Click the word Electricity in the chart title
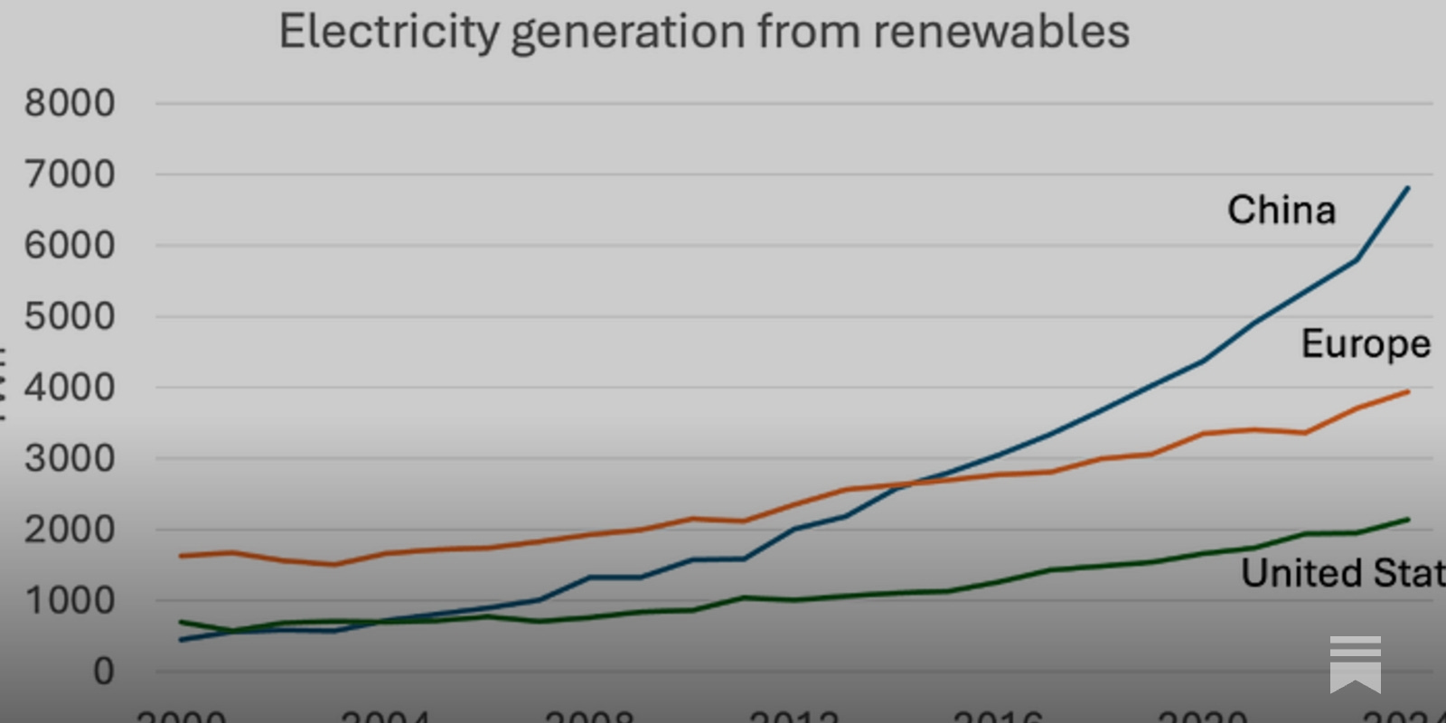[389, 32]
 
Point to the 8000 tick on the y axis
[70, 103]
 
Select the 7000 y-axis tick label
[70, 174]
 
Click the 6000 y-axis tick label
[70, 245]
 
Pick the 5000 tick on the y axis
[70, 316]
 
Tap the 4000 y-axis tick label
[70, 388]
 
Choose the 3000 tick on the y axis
[70, 458]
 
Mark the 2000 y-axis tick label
[70, 530]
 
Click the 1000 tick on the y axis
[70, 600]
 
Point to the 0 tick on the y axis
[104, 671]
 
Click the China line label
[1281, 210]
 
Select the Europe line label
[1365, 343]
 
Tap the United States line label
[1343, 573]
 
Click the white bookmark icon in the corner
[1355, 663]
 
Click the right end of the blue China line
[1408, 188]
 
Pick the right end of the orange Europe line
[1408, 392]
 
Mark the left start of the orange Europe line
[181, 556]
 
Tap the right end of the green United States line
[1408, 520]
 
